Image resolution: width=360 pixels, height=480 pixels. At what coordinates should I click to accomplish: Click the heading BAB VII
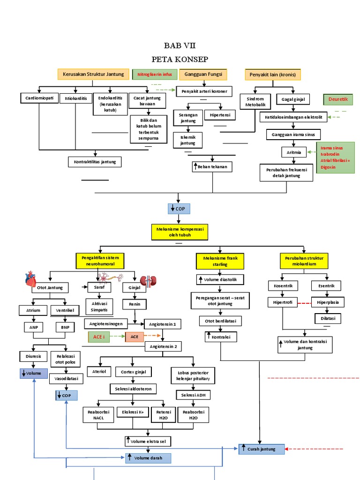[180, 45]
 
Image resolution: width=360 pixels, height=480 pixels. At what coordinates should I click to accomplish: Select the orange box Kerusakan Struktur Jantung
[93, 74]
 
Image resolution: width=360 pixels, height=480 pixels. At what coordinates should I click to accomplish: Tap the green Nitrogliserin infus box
[155, 74]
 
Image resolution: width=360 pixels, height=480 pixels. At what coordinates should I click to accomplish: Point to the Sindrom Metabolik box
[255, 102]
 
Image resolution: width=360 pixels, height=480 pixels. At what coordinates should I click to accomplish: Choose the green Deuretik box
[338, 100]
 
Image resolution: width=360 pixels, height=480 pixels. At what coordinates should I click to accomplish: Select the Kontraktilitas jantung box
[95, 162]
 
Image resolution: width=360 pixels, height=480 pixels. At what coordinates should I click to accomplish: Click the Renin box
[135, 305]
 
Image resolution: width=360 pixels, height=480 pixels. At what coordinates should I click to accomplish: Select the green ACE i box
[98, 337]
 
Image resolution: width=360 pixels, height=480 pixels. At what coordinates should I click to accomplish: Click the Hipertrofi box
[282, 302]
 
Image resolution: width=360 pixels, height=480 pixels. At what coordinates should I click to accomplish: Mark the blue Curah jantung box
[262, 449]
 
